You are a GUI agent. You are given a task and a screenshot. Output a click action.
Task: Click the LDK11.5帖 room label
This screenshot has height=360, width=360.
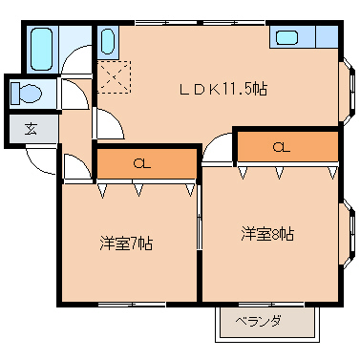pyautogui.click(x=223, y=88)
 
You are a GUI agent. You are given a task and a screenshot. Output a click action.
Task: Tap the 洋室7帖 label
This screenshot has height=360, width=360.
pyautogui.click(x=126, y=243)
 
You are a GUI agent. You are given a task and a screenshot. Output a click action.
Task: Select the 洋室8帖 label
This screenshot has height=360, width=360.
pyautogui.click(x=266, y=234)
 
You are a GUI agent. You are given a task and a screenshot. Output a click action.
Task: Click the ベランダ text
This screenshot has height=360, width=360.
pyautogui.click(x=258, y=322)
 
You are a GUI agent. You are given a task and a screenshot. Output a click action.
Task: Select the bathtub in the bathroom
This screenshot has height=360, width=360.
pyautogui.click(x=40, y=47)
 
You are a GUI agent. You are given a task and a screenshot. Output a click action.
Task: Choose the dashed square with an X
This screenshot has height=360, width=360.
pyautogui.click(x=115, y=74)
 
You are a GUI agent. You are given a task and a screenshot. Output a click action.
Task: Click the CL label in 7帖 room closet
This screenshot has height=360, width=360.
pyautogui.click(x=141, y=163)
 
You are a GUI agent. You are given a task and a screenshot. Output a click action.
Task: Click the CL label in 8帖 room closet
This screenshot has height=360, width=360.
pyautogui.click(x=280, y=146)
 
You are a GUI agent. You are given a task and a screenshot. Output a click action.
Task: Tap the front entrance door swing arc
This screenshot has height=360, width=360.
pyautogui.click(x=38, y=162)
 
